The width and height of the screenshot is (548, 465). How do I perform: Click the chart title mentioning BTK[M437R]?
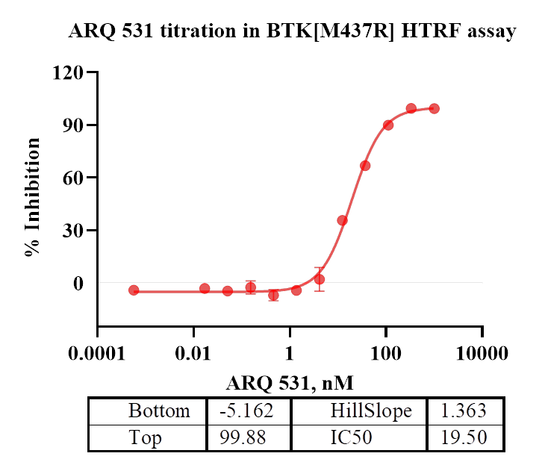coord(292,32)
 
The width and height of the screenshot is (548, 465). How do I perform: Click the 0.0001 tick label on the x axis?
coord(97,352)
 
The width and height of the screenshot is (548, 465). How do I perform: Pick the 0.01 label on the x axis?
coord(193,352)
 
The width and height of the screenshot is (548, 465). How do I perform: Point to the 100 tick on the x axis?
coord(386,352)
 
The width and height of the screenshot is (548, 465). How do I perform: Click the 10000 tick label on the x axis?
coord(482,352)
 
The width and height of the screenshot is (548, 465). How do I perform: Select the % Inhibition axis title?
coord(32,198)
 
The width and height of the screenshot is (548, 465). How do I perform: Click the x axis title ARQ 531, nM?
coord(290,384)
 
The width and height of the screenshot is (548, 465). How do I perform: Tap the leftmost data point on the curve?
coord(134,290)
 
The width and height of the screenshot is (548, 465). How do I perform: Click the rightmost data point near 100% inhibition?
coord(434,108)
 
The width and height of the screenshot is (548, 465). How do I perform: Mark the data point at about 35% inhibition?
coord(342,220)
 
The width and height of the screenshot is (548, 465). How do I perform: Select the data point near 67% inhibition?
coord(365,166)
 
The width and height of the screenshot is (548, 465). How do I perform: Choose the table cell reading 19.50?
coord(464,437)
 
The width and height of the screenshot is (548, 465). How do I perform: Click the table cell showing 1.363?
coord(464,411)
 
